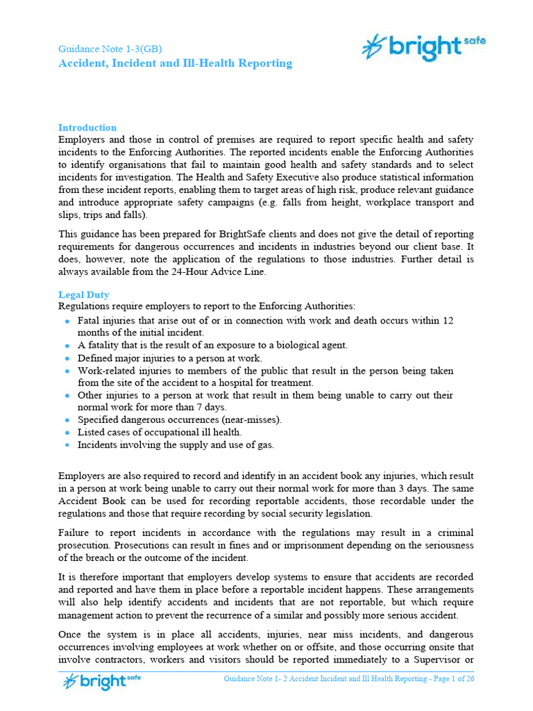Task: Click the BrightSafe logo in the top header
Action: click(423, 47)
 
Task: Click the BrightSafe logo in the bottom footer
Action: click(102, 681)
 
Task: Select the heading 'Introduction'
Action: click(87, 128)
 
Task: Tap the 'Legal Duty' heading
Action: click(83, 294)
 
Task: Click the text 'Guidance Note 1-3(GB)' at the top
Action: click(110, 49)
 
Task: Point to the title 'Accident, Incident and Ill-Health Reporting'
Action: click(175, 64)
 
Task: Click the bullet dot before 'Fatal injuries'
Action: click(67, 321)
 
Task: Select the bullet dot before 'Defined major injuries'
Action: click(67, 358)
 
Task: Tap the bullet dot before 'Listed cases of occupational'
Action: click(67, 433)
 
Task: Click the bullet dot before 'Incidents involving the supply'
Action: click(67, 445)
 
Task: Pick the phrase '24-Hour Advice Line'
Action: click(218, 271)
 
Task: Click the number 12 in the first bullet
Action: click(448, 321)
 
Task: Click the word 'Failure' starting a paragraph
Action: click(74, 533)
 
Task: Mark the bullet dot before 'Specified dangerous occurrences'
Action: click(67, 420)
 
